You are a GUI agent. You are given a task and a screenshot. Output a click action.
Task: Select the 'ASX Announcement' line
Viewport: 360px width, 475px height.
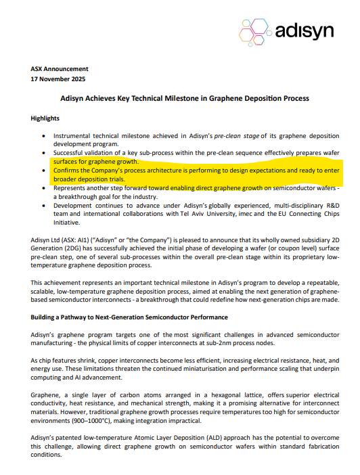coord(60,69)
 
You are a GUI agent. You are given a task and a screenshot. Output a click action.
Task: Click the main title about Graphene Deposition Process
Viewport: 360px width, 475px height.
coord(180,98)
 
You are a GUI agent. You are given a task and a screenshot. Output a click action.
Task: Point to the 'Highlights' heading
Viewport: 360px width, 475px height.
coord(45,118)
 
